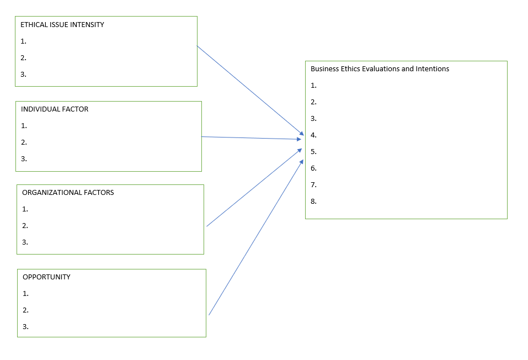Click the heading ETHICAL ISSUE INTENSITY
pos(62,25)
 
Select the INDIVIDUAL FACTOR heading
pos(55,109)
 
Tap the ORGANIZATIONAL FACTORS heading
pos(68,193)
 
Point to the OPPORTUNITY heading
pos(46,277)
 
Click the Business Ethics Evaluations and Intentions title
pos(380,69)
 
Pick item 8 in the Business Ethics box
pos(313,202)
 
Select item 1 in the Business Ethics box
pos(313,86)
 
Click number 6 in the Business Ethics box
pos(313,168)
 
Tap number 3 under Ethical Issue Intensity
pos(23,75)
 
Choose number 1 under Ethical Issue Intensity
pos(23,41)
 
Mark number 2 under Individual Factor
pos(24,142)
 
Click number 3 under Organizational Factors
pos(25,242)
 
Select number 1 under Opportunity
pos(25,294)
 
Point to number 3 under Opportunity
pos(25,327)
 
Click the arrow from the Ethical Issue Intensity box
pos(250,90)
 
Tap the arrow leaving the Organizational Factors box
pos(254,188)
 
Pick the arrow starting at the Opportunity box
pos(257,237)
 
